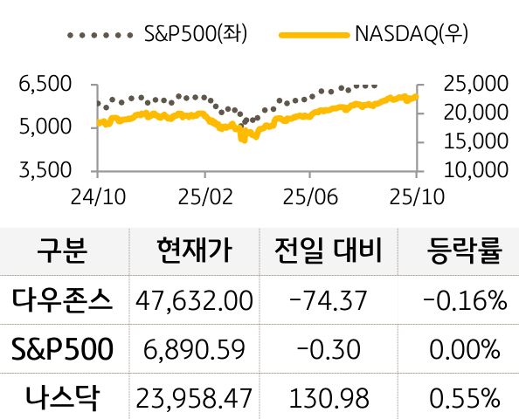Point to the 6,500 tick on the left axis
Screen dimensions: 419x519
[x=44, y=86]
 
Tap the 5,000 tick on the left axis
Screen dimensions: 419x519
[x=44, y=127]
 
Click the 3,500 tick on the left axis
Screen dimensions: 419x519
[x=44, y=169]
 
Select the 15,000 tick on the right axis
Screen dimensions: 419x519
[x=476, y=141]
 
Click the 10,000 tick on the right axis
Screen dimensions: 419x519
[x=476, y=168]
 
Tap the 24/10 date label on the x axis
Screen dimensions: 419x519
[x=97, y=196]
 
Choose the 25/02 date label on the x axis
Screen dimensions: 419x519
[x=203, y=196]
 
